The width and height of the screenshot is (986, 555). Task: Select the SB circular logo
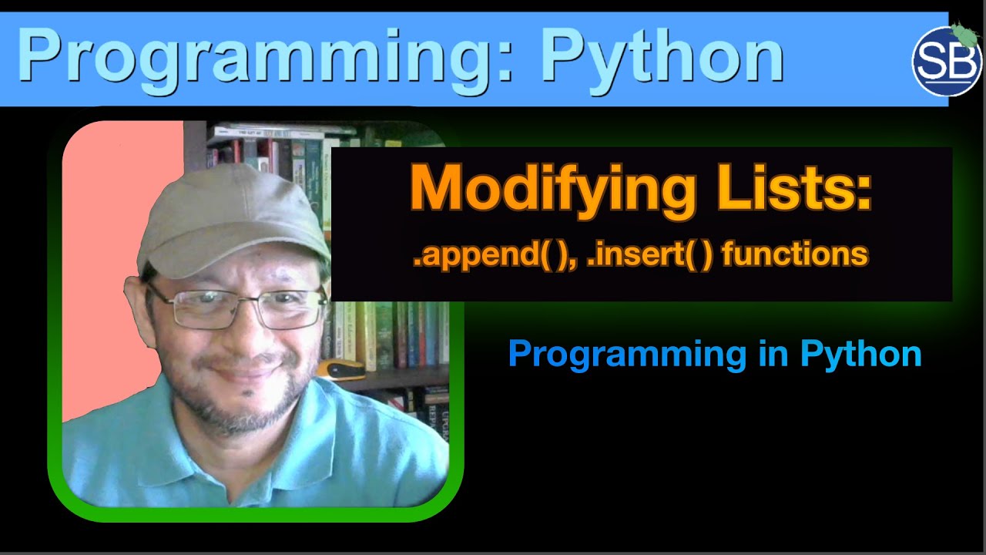947,61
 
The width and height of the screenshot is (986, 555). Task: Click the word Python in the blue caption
860,355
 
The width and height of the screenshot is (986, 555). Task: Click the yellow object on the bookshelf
340,369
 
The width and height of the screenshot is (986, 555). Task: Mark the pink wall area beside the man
108,231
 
